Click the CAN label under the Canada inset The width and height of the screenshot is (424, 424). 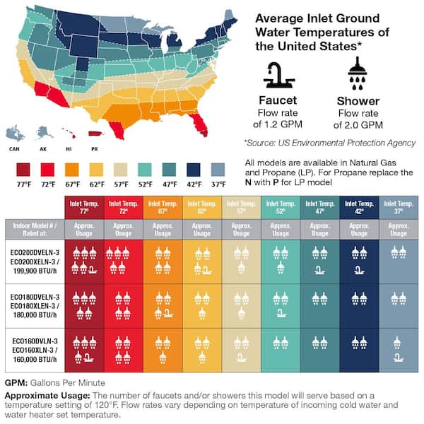(13, 149)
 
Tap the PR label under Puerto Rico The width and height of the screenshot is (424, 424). (95, 149)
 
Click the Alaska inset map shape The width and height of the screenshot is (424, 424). (44, 132)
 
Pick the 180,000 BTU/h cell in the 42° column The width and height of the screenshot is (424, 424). (359, 306)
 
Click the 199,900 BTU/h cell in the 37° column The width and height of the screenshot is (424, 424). (399, 263)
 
